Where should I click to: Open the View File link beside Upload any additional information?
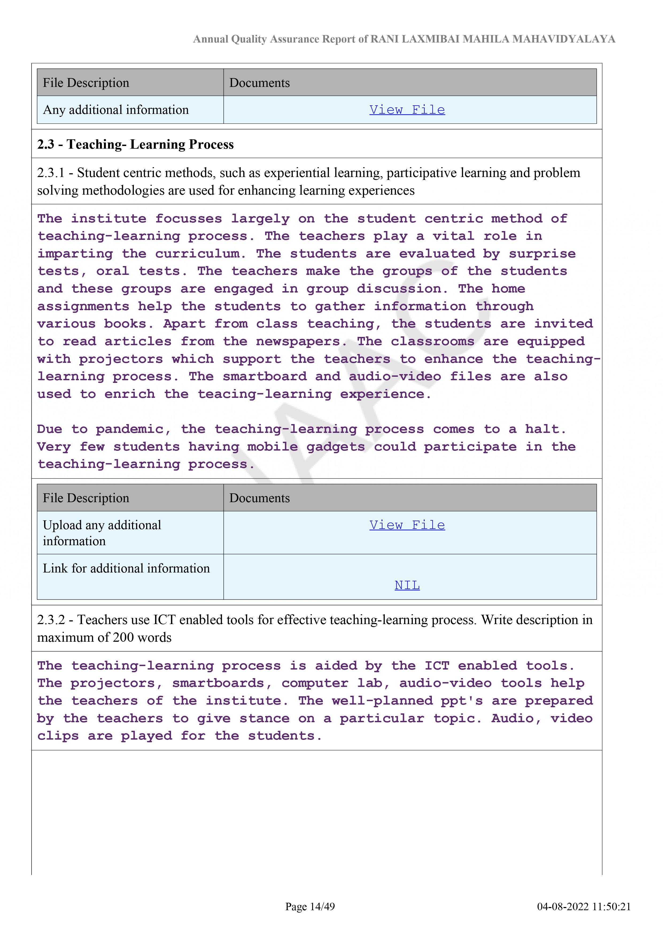tap(407, 525)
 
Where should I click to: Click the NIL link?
tap(407, 585)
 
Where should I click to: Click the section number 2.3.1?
tap(51, 173)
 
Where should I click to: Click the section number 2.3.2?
tap(51, 620)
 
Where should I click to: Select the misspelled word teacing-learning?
tap(265, 394)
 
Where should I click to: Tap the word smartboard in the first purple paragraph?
tap(265, 377)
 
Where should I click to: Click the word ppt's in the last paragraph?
tap(462, 701)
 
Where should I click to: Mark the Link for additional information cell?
tap(126, 568)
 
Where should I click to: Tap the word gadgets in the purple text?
tap(336, 447)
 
